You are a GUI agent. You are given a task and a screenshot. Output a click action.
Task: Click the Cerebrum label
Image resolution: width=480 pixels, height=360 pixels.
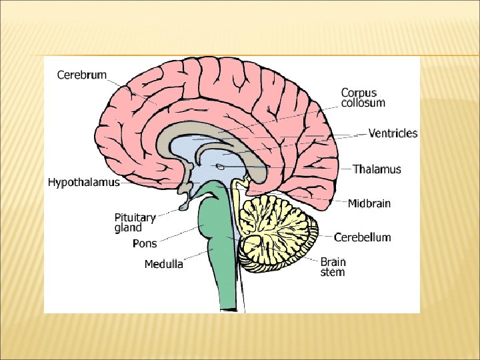tap(81, 75)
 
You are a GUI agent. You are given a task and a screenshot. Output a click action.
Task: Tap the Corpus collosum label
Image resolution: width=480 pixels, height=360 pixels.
tap(363, 98)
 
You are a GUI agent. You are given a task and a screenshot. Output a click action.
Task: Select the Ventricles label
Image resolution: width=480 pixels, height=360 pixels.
tap(393, 133)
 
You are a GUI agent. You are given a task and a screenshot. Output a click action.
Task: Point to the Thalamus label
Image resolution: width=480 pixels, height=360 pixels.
tap(377, 169)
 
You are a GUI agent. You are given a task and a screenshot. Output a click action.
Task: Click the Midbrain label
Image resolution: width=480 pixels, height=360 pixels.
tap(369, 203)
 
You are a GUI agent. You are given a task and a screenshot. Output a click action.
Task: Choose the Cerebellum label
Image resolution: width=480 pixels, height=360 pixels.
tap(362, 237)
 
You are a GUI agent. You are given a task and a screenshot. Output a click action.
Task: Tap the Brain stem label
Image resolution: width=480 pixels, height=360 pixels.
tap(333, 267)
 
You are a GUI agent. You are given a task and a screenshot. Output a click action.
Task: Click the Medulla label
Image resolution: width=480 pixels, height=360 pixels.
tap(163, 264)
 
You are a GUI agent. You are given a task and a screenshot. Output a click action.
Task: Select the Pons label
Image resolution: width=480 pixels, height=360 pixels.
tap(145, 244)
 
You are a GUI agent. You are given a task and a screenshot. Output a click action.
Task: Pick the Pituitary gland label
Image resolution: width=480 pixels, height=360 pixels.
tap(135, 223)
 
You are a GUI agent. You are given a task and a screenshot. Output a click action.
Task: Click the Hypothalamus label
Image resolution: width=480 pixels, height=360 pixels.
tap(84, 182)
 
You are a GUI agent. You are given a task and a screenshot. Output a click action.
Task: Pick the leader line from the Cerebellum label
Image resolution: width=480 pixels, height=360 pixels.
tap(323, 237)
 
